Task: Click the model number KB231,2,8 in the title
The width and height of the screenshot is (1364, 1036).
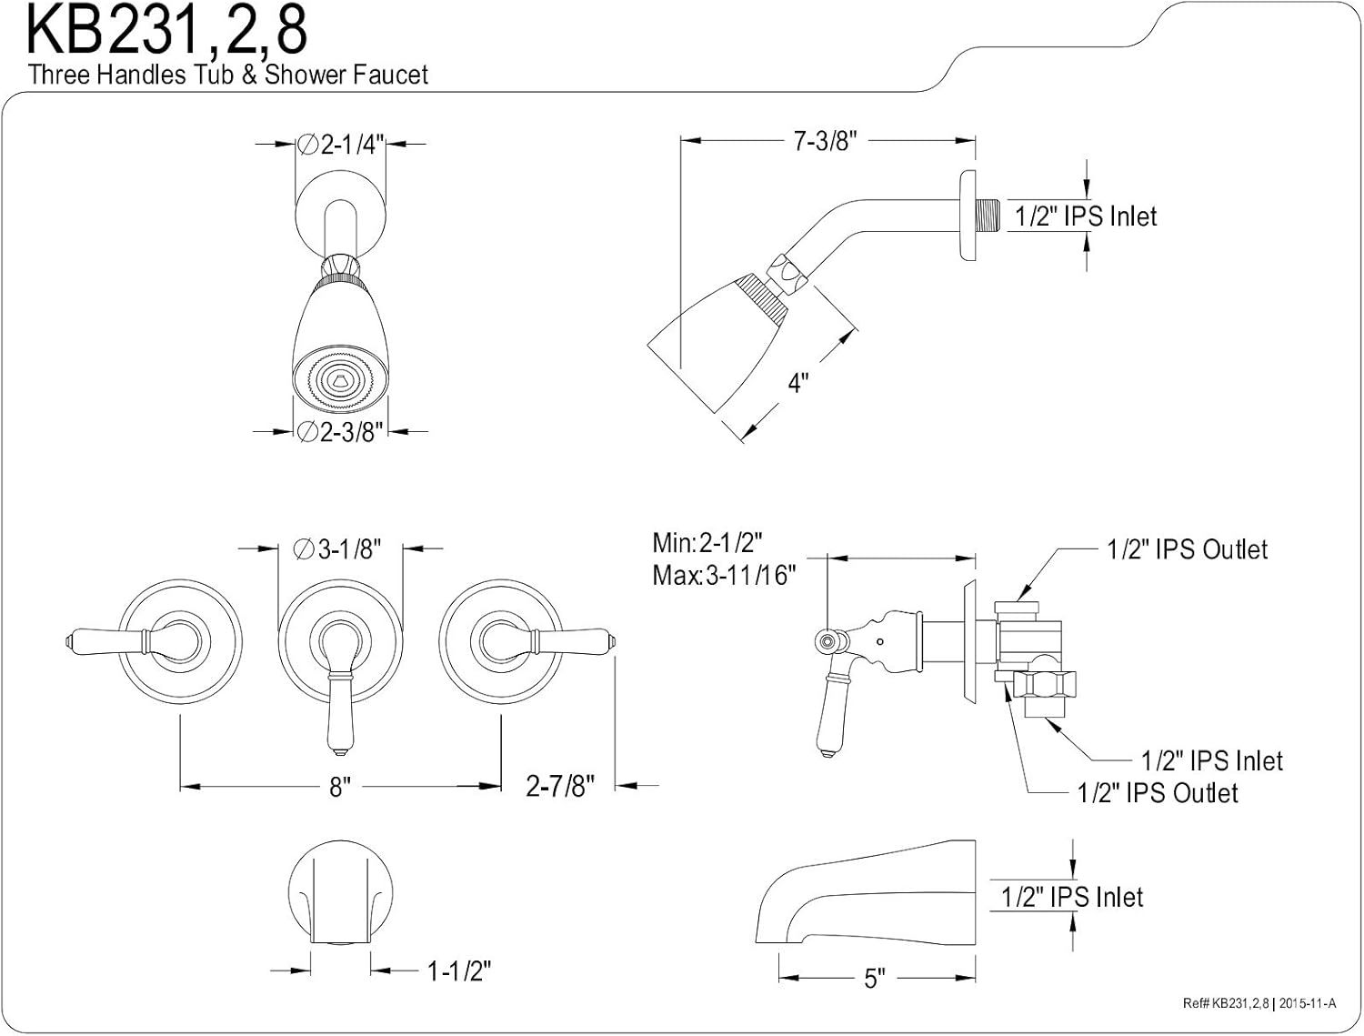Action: [x=166, y=31]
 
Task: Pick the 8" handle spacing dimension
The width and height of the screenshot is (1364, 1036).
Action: [x=340, y=787]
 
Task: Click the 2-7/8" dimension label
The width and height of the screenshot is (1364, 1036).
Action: [x=560, y=785]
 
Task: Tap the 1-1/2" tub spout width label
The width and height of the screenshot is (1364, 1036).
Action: [x=459, y=972]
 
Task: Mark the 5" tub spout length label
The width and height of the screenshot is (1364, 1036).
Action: [x=874, y=979]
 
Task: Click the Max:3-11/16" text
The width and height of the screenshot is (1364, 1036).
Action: [x=724, y=575]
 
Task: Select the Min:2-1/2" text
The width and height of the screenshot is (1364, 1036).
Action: [x=707, y=544]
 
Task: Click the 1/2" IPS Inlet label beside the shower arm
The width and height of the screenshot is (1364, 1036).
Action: [x=1086, y=216]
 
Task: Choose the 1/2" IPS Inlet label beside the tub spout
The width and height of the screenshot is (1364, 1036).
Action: [x=1072, y=897]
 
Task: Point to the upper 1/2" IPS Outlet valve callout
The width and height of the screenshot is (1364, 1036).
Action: [x=1187, y=549]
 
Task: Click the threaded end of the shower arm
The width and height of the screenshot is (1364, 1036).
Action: [x=989, y=216]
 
